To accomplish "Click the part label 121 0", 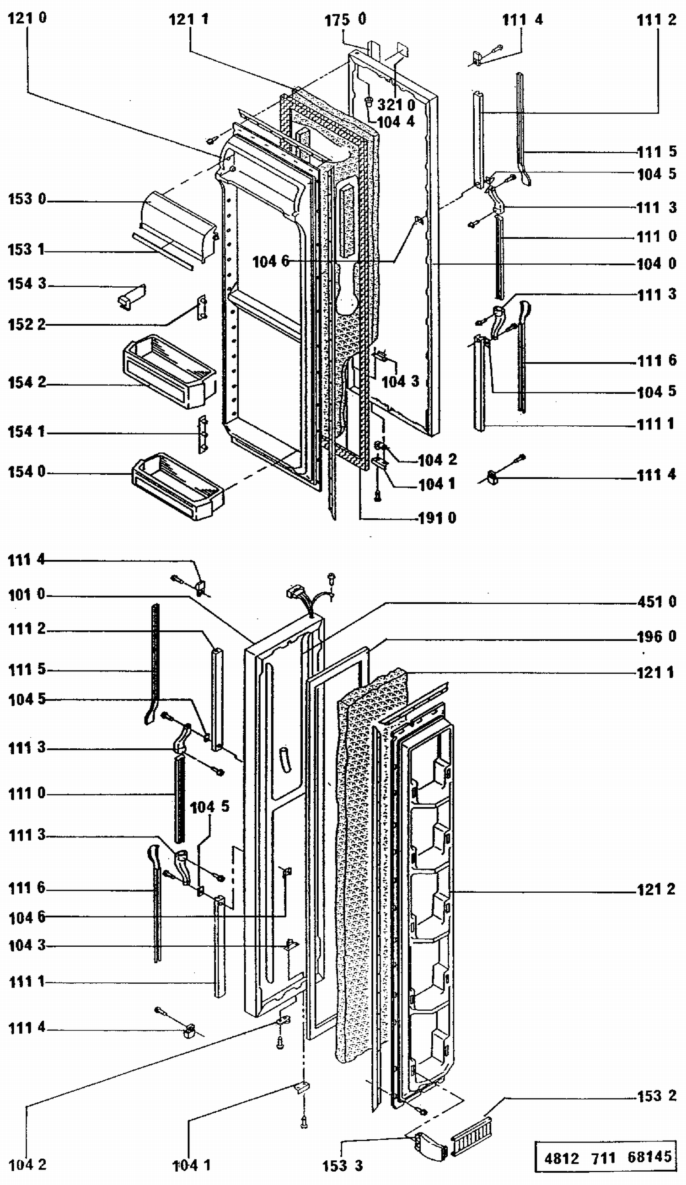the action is pos(27,18).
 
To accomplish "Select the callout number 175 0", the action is pos(345,20).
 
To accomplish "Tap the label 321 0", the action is pos(396,104).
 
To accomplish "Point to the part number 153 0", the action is pos(27,199).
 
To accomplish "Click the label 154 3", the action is pos(27,284).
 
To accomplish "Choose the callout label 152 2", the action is pos(27,324).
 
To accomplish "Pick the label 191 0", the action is pos(437,518).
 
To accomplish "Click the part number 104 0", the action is pos(656,264).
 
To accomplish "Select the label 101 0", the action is pos(27,595).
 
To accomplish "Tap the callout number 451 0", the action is pos(656,602).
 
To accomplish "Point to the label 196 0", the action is pos(656,637).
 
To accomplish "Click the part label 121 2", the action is pos(656,889).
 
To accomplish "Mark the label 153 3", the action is pos(343,1166).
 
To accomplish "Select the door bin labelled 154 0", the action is pos(178,486).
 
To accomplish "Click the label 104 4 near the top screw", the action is pos(396,122).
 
